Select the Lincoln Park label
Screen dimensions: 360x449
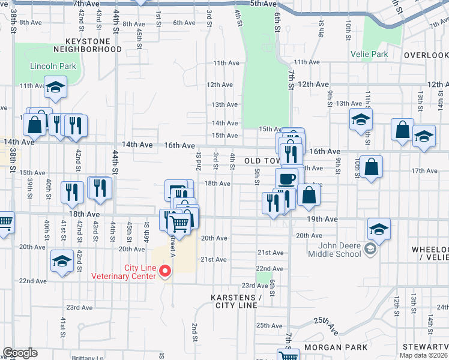[53, 66]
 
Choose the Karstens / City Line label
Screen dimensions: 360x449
[237, 302]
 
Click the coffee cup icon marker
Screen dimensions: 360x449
[286, 178]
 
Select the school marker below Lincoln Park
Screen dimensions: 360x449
[55, 88]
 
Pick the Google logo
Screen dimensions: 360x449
[20, 353]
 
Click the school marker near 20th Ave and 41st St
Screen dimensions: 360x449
[62, 262]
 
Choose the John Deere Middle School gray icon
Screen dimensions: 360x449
[370, 249]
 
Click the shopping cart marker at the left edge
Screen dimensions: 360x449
[4, 223]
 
